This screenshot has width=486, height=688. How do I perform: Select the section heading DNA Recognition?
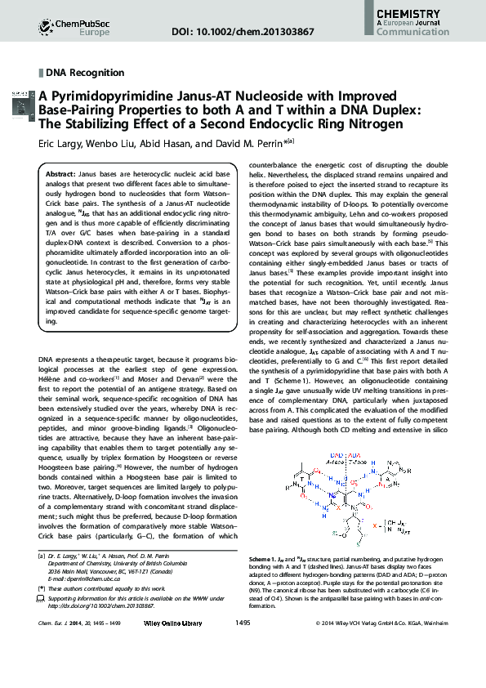(85, 73)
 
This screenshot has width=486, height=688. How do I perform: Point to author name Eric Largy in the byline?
(60, 142)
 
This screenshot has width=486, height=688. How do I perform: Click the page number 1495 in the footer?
(243, 668)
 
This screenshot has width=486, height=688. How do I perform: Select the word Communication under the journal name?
(417, 35)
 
